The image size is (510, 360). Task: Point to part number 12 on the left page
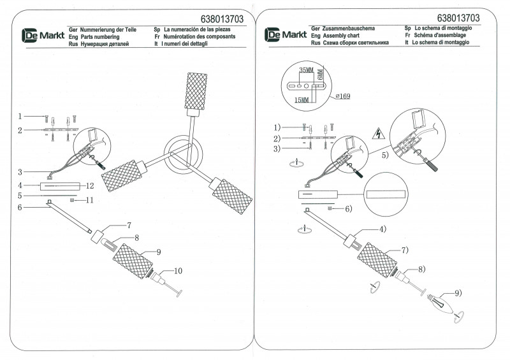coord(90,186)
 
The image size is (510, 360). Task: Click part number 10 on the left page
coord(178,271)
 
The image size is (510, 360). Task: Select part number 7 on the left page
coord(129,225)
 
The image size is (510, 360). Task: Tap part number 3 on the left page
coord(20,172)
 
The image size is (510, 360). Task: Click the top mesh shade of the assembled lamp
coord(195,92)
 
